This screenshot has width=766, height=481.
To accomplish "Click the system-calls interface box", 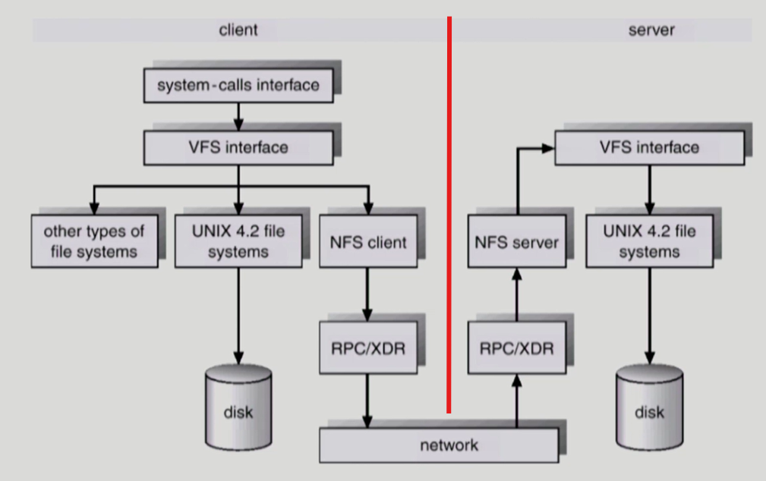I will pyautogui.click(x=238, y=85).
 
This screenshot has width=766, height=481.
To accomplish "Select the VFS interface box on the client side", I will pyautogui.click(x=238, y=146).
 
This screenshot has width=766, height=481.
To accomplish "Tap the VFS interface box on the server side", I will pyautogui.click(x=648, y=146).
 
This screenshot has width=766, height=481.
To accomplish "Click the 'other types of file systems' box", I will pyautogui.click(x=94, y=240).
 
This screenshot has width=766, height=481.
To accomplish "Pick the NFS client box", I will pyautogui.click(x=367, y=242).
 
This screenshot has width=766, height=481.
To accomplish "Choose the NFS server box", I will pyautogui.click(x=516, y=242).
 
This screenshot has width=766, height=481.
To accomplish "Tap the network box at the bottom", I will pyautogui.click(x=438, y=445).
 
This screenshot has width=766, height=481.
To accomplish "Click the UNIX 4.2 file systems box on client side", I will pyautogui.click(x=238, y=240).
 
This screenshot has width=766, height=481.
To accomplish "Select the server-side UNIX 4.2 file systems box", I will pyautogui.click(x=649, y=240).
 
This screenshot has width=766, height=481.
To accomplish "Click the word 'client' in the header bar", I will pyautogui.click(x=238, y=30).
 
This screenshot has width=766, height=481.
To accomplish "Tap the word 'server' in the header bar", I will pyautogui.click(x=651, y=30).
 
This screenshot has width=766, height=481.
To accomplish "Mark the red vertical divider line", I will pyautogui.click(x=449, y=212).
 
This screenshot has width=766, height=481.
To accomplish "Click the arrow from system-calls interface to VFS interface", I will pyautogui.click(x=238, y=115).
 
